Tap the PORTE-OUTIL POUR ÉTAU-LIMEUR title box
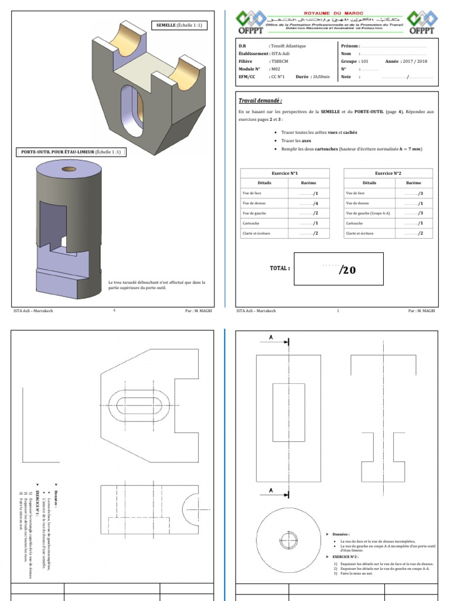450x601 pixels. coord(71,151)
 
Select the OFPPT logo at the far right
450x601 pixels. coord(421,22)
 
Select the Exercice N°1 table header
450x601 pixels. coord(285,173)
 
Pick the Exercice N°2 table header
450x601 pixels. coord(388,173)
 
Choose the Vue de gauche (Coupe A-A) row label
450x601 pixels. coord(366,213)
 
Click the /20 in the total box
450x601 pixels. coord(347,270)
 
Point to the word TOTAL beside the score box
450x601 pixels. coord(279,268)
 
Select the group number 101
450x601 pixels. coord(364,61)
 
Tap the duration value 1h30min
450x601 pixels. coord(322,76)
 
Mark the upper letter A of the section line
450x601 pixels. coord(271,337)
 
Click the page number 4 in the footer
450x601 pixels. coord(114,310)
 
